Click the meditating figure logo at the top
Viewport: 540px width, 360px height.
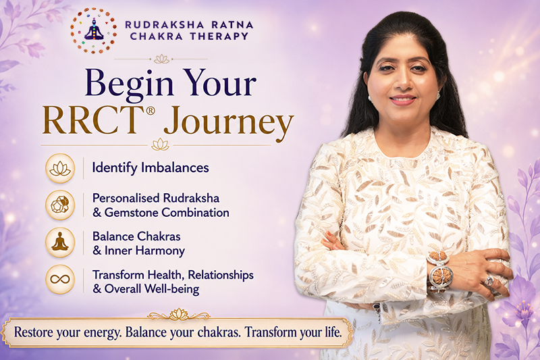tap(94, 30)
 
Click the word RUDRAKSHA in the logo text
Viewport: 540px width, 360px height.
tap(164, 25)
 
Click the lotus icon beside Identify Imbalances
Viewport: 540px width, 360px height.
tap(60, 168)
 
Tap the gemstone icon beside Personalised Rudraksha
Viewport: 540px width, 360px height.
tap(60, 205)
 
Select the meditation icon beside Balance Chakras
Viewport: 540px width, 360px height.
tap(60, 242)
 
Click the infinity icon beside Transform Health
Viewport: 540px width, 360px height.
tap(60, 280)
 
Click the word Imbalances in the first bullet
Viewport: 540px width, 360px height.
tap(175, 168)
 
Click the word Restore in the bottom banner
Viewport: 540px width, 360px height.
tap(33, 332)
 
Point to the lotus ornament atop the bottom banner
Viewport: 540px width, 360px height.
tap(179, 314)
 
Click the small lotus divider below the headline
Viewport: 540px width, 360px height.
tap(161, 145)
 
